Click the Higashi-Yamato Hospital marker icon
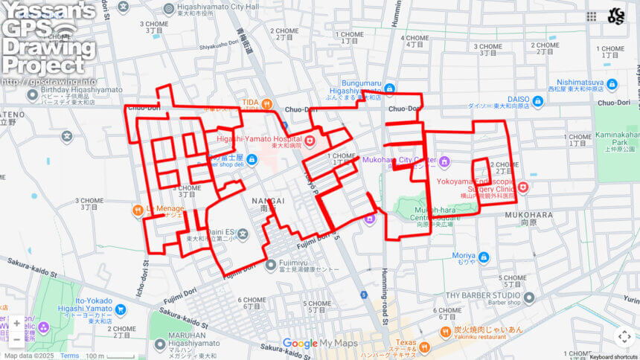[x=310, y=141]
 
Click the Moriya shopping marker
[x=484, y=257]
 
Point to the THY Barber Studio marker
[x=529, y=298]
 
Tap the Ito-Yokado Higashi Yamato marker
[x=121, y=309]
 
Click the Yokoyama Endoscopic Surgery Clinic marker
[x=523, y=187]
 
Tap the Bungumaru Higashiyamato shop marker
[x=389, y=89]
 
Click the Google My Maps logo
[x=320, y=344]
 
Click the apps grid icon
[x=592, y=16]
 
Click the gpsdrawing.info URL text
[x=49, y=81]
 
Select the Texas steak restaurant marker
[x=424, y=347]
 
